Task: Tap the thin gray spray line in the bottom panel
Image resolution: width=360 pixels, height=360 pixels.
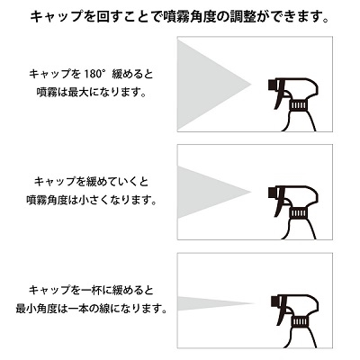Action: click(210, 303)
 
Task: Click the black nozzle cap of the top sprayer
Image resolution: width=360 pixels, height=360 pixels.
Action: click(271, 85)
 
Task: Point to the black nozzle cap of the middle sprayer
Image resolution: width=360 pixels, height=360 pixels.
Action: click(271, 192)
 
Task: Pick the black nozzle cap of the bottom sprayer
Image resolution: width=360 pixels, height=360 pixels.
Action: click(274, 301)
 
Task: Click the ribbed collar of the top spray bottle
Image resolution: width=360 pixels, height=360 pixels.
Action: click(298, 105)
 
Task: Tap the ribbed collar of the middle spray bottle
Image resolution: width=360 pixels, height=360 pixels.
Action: click(298, 212)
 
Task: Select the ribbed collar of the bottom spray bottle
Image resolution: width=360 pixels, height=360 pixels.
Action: click(301, 322)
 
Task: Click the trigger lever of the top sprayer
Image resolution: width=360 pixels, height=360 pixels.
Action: click(280, 95)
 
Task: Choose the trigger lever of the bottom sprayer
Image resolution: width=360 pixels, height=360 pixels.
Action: click(283, 312)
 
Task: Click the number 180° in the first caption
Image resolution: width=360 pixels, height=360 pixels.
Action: click(93, 74)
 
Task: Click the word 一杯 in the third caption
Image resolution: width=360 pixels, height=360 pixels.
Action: click(90, 291)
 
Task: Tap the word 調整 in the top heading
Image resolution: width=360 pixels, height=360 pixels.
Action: click(240, 17)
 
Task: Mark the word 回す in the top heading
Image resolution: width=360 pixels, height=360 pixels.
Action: click(109, 17)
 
